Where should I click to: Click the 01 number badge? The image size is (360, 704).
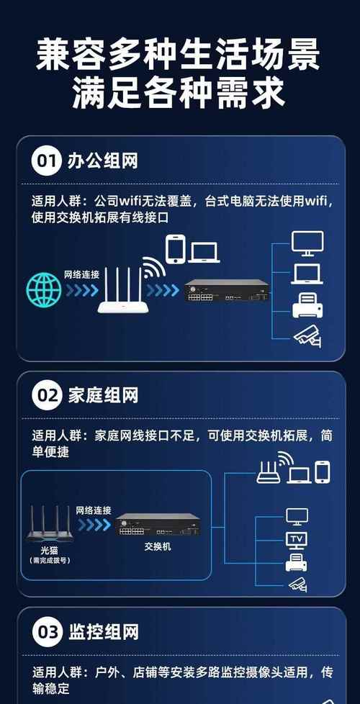45,161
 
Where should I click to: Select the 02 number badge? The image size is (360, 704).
45,396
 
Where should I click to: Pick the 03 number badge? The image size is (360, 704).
45,632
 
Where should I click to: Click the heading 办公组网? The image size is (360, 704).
102,161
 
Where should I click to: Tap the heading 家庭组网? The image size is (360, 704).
102,396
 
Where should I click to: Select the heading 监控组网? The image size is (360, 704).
102,632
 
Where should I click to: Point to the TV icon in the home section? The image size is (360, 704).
297,541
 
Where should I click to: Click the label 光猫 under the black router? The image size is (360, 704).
50,551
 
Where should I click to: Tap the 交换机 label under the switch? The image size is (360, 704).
158,547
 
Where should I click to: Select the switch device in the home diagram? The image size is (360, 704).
158,525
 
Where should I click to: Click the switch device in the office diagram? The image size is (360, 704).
228,290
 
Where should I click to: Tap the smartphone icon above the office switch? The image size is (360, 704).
176,248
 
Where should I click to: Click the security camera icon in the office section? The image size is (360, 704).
307,338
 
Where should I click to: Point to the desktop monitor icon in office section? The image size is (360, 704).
307,243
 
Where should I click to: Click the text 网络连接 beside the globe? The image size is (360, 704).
81,274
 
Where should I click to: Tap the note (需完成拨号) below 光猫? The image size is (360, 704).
50,561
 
